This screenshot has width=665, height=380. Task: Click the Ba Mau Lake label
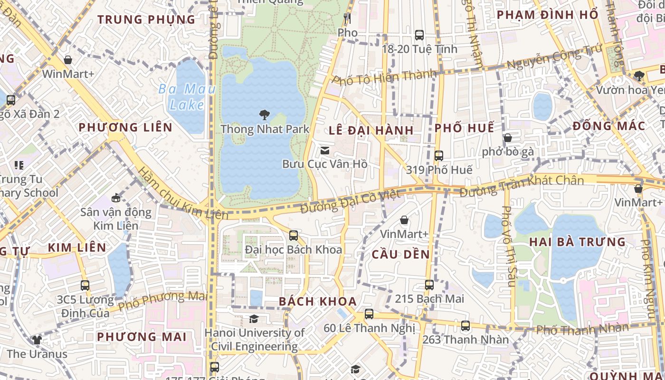(x=187, y=96)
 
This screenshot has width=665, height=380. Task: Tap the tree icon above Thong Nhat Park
(x=265, y=115)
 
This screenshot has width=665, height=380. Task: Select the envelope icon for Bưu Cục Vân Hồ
(x=325, y=151)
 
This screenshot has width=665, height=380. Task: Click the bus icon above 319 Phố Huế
(x=439, y=155)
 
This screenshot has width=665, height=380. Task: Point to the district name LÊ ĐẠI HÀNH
(x=371, y=130)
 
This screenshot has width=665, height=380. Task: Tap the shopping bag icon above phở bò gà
(x=508, y=138)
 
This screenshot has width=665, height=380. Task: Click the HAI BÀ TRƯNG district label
(x=577, y=242)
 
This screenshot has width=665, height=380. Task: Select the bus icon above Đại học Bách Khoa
(x=294, y=235)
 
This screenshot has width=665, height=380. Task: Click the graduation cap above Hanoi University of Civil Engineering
(x=254, y=319)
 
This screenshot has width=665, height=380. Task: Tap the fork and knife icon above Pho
(x=347, y=19)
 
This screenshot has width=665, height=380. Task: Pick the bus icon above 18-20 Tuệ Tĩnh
(x=419, y=35)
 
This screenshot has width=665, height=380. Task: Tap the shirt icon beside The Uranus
(x=37, y=340)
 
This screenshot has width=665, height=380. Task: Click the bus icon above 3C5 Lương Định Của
(x=85, y=285)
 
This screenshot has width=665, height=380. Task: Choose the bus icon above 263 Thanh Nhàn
(x=465, y=326)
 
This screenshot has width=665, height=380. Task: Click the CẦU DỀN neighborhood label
(x=400, y=254)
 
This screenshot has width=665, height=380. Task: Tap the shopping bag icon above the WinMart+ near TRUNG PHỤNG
(x=68, y=60)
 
